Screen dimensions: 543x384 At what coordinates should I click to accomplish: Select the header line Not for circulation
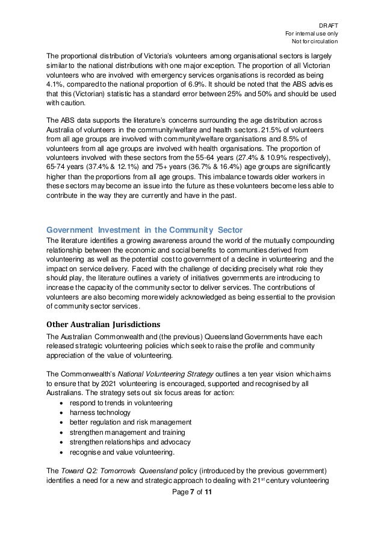(315, 41)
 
